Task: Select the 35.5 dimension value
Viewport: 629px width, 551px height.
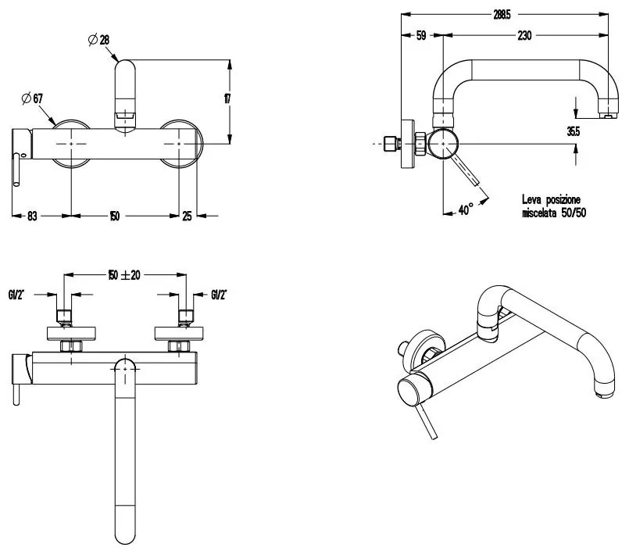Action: click(574, 131)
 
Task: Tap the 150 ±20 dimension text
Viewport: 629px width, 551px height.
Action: click(126, 274)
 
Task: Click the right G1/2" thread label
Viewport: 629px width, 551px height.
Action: click(220, 295)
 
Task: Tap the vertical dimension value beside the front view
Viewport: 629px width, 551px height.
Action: click(227, 99)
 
